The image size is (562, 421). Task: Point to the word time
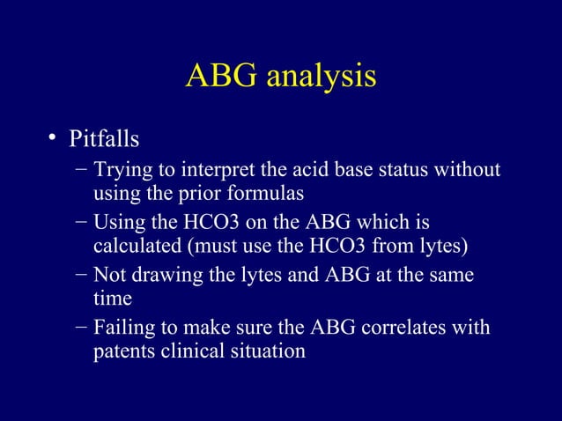[113, 299]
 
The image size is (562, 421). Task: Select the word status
[399, 169]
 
